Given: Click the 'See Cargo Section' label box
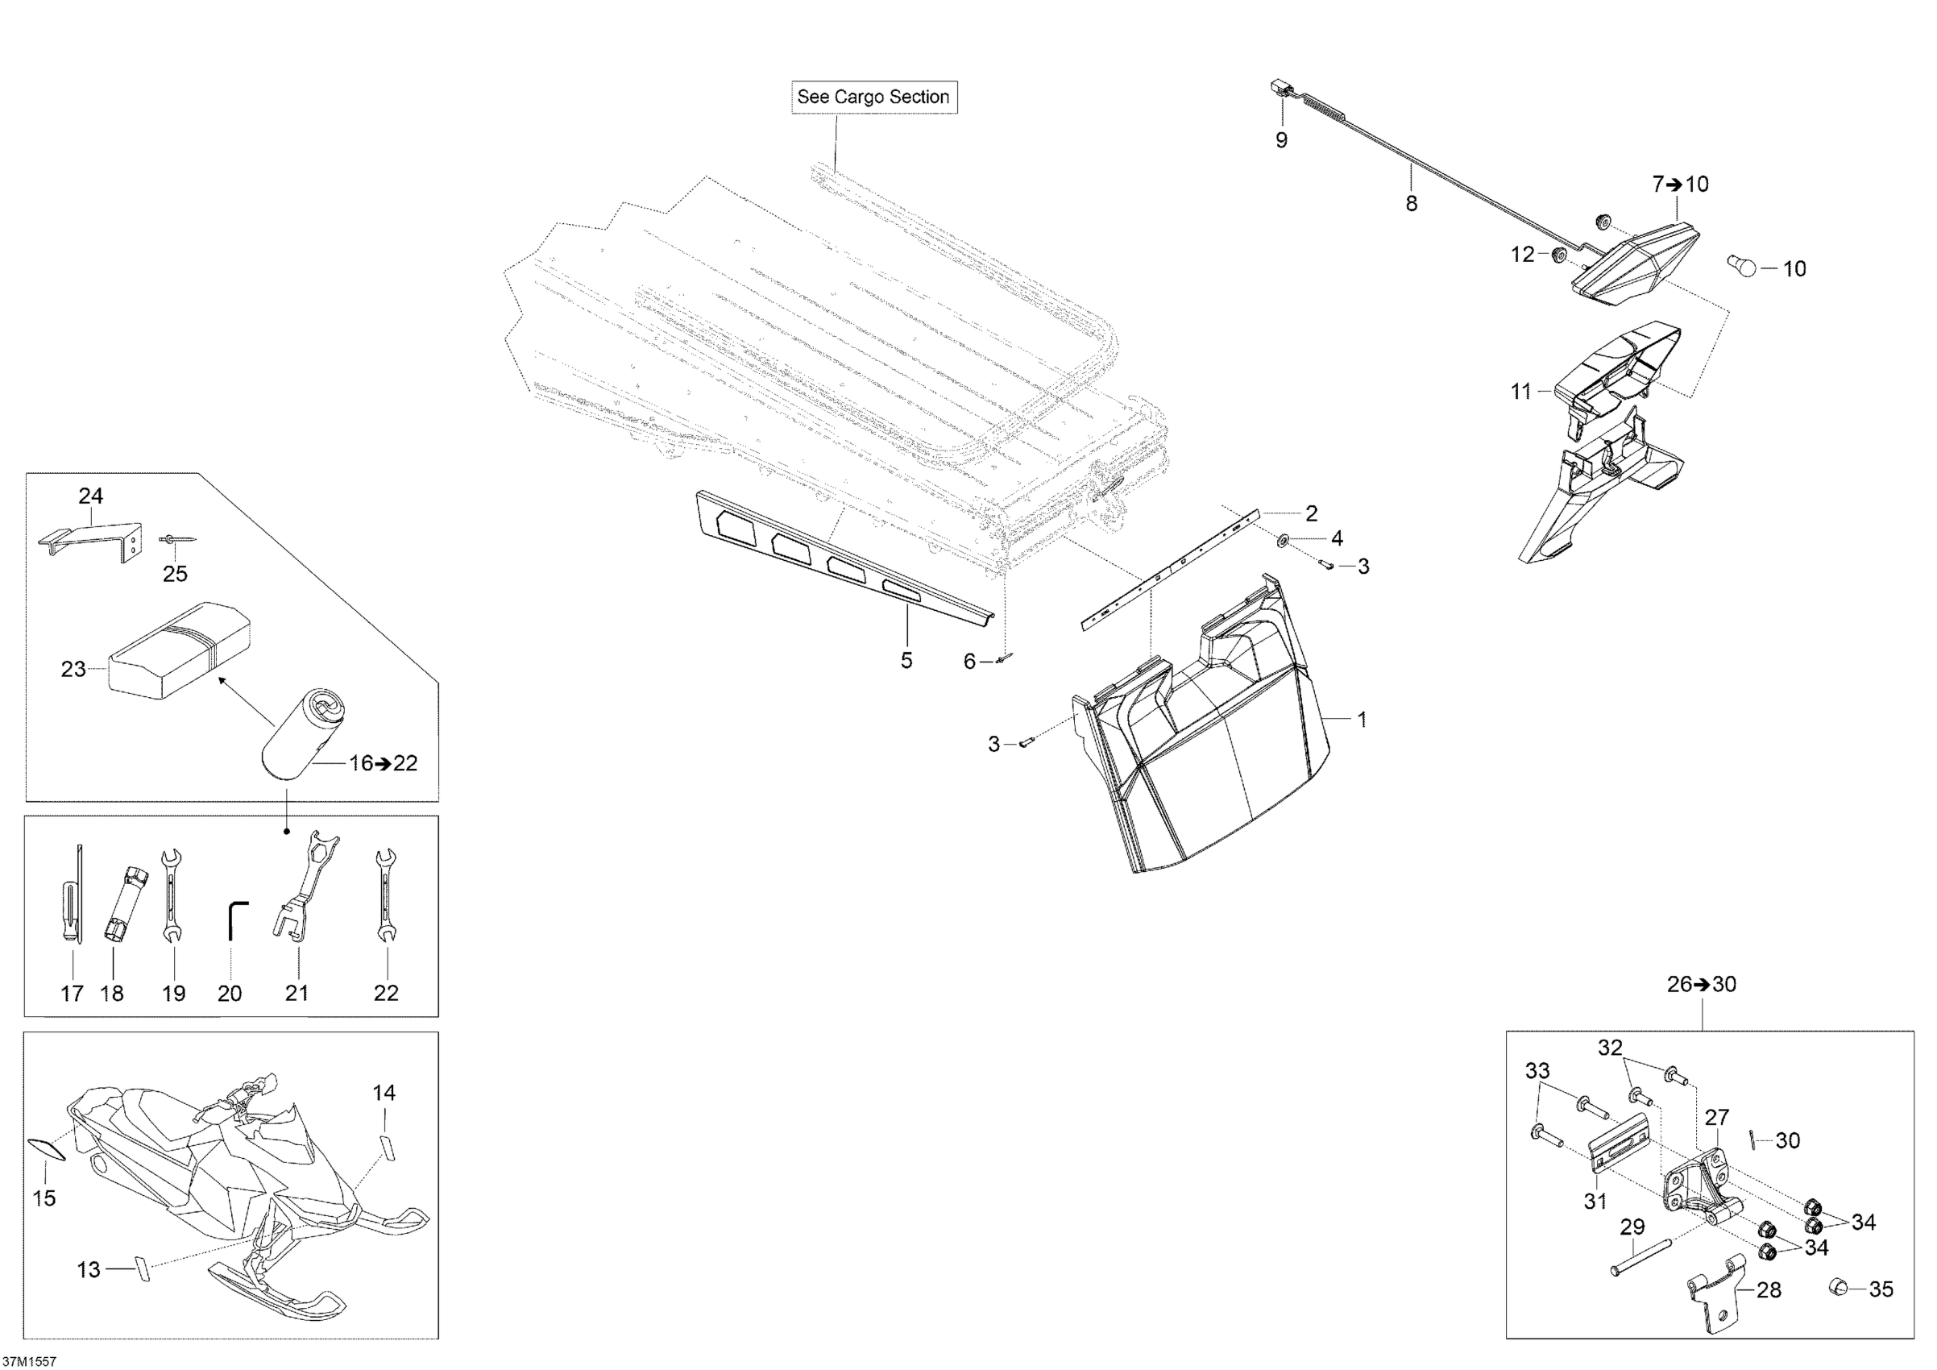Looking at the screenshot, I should pos(873,97).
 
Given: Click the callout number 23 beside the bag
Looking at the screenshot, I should pos(73,669).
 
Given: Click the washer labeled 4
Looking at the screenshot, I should pos(1282,539).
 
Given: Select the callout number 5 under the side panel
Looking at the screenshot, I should pos(906,660).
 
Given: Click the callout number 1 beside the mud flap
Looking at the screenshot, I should pos(1361,720).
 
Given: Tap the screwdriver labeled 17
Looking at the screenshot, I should pos(75,900).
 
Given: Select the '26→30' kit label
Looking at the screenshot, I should pos(1702,985).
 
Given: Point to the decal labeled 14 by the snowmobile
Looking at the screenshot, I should pos(387,1148).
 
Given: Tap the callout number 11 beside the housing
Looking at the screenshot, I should pos(1521,392).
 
